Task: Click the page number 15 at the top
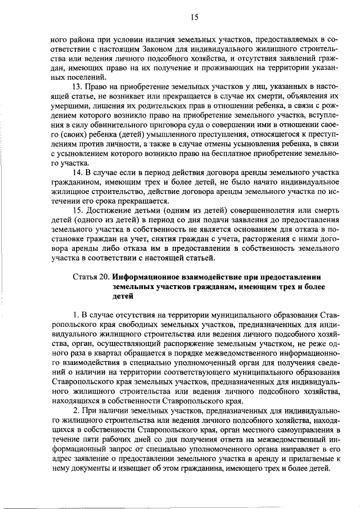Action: click(x=195, y=18)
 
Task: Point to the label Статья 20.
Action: click(x=91, y=277)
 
